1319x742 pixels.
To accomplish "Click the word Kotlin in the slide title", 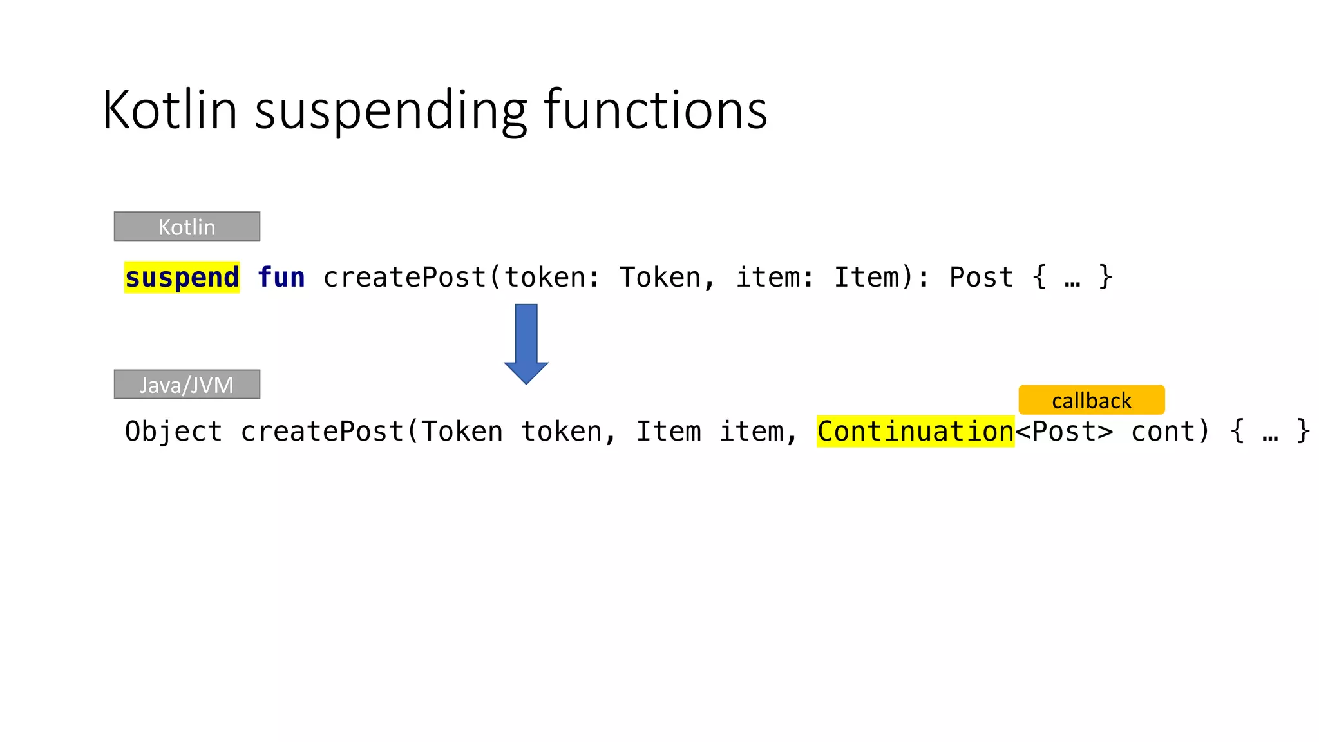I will point(170,110).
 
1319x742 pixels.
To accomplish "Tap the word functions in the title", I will point(656,110).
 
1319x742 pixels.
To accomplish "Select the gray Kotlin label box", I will point(187,227).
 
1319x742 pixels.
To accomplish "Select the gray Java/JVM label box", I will point(187,385).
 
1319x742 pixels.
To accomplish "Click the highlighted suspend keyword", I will point(182,278).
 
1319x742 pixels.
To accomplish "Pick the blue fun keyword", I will point(281,278).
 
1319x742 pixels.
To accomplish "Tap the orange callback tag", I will point(1091,400).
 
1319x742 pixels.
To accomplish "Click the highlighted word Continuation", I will point(915,432).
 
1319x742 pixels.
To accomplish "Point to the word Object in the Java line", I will point(173,432).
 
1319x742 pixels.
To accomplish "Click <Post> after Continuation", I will point(1064,432).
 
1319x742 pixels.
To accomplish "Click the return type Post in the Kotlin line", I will point(981,278).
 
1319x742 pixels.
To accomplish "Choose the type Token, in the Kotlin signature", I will point(667,278).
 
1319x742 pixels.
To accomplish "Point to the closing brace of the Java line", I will point(1303,432).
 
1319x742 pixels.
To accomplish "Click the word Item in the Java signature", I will point(669,432).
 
